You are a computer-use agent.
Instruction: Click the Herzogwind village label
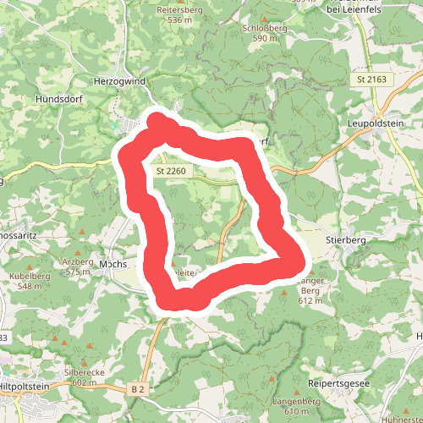click(x=118, y=82)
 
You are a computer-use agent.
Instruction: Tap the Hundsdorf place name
click(x=58, y=99)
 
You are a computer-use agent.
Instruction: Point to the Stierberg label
click(x=343, y=240)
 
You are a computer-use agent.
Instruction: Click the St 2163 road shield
click(x=371, y=80)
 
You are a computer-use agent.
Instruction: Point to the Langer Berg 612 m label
click(x=312, y=290)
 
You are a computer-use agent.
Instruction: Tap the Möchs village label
click(x=113, y=264)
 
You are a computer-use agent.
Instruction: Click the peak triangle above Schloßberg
click(x=265, y=18)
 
